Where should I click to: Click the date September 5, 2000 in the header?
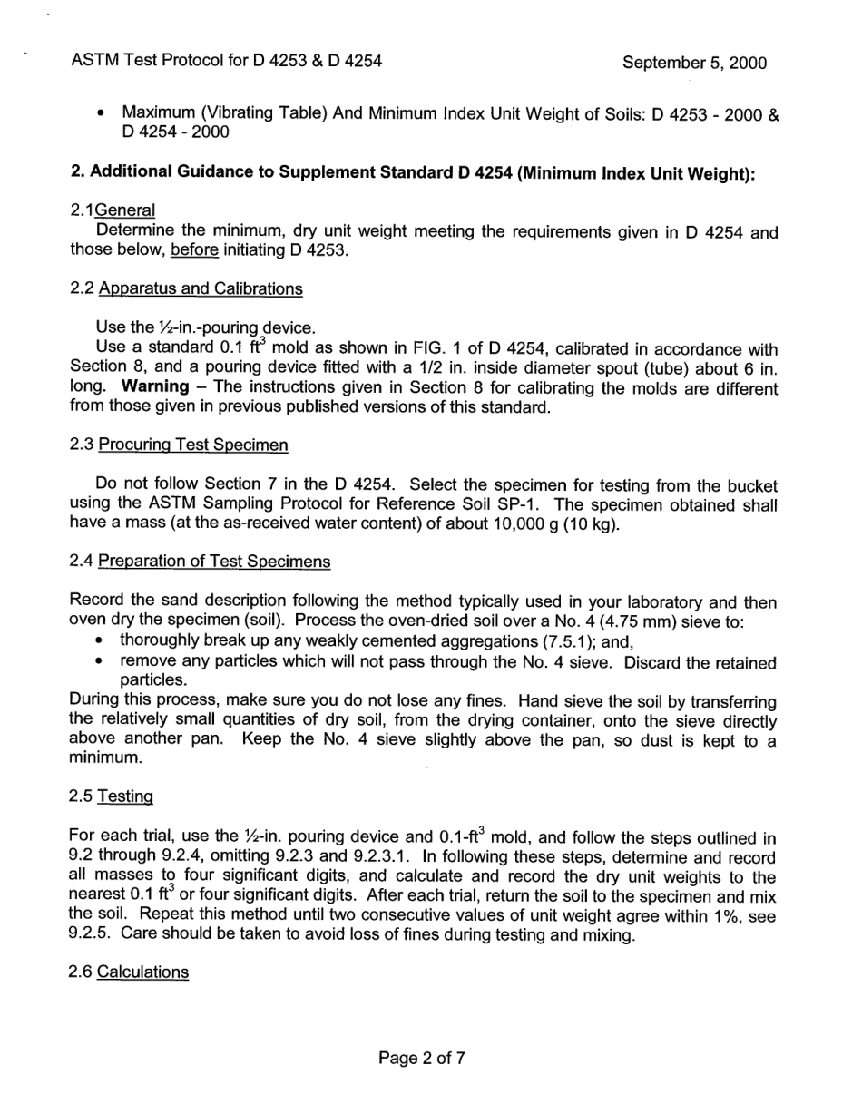click(694, 63)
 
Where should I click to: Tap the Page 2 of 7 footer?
click(422, 1057)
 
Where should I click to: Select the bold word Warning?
click(155, 387)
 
